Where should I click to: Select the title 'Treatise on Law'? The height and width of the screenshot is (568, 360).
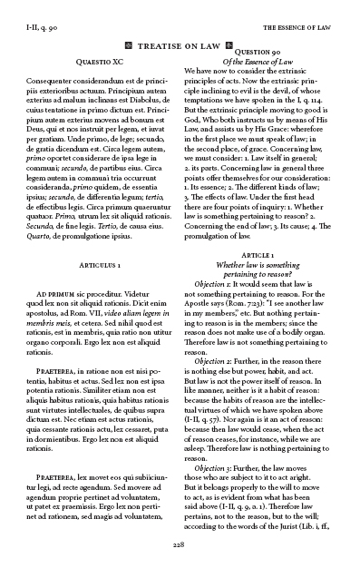click(180, 44)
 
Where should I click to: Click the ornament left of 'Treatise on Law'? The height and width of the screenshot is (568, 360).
click(129, 44)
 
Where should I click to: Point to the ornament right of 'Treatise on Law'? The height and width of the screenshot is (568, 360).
click(230, 44)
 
